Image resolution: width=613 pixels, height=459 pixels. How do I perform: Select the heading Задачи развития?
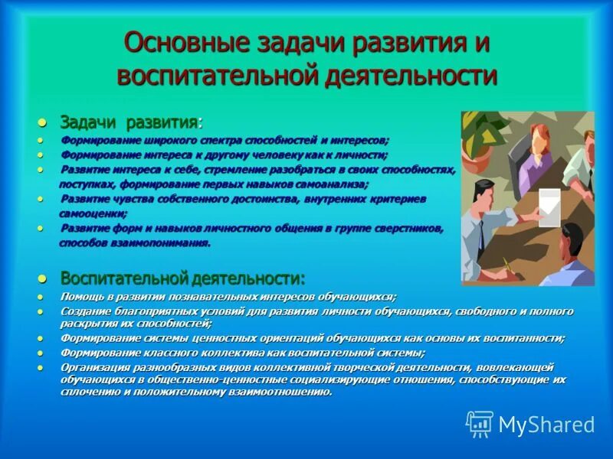pyautogui.click(x=129, y=123)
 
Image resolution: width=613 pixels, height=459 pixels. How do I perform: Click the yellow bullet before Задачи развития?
pyautogui.click(x=43, y=123)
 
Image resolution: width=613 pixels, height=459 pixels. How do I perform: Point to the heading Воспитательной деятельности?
pyautogui.click(x=183, y=277)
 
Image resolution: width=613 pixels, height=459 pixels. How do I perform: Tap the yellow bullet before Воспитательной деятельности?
pyautogui.click(x=43, y=278)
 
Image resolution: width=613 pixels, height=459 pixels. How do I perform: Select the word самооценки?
pyautogui.click(x=93, y=213)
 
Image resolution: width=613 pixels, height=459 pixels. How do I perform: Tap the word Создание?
pyautogui.click(x=85, y=311)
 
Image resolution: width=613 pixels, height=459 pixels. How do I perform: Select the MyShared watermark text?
pyautogui.click(x=546, y=425)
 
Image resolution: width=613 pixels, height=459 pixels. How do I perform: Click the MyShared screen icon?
pyautogui.click(x=480, y=424)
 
